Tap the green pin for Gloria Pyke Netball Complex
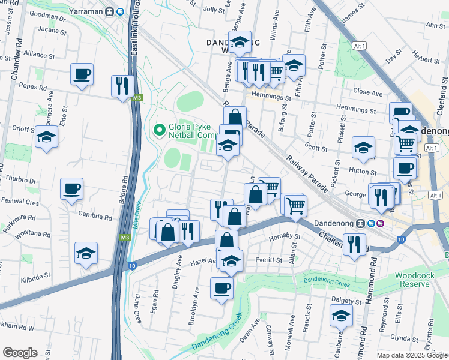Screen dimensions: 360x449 (x=159, y=129)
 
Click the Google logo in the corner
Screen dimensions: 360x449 (x=20, y=353)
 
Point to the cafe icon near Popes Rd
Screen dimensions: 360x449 (x=82, y=74)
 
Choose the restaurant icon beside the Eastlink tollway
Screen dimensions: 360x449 (x=121, y=86)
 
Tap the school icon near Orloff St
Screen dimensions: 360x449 (x=46, y=137)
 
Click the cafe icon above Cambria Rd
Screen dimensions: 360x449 (x=71, y=189)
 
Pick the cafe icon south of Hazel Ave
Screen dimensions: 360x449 (x=221, y=288)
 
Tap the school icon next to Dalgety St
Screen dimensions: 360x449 (x=341, y=315)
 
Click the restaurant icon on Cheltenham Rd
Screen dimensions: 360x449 (x=354, y=244)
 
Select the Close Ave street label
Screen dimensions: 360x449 (x=367, y=93)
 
